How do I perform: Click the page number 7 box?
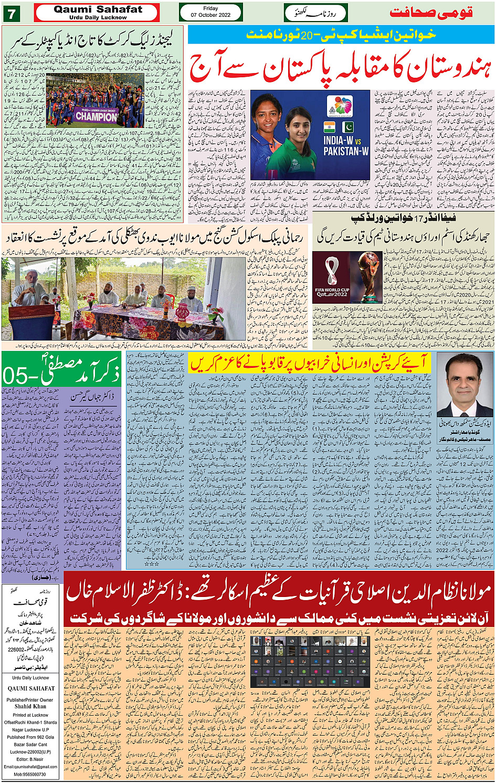11,13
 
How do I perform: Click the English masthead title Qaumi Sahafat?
98,9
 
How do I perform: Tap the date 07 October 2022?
210,15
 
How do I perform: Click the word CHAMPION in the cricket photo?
96,117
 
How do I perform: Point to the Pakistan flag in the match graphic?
347,127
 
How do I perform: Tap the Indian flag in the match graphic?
330,127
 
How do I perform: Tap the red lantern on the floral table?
182,312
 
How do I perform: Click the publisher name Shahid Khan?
30,706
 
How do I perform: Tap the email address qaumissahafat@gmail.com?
30,767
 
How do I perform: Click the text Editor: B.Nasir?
30,759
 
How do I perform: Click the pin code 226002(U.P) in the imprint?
30,751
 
